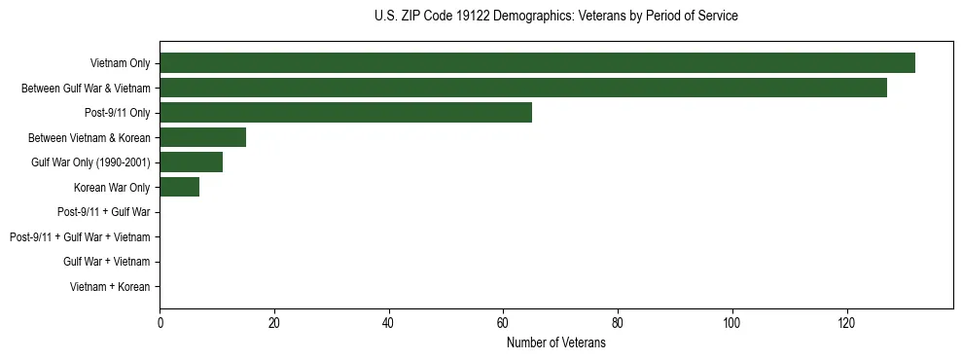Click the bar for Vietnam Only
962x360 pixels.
[537, 63]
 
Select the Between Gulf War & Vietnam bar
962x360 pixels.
[523, 88]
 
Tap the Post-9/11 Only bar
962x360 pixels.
[345, 113]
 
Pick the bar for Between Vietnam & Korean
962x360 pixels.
[202, 137]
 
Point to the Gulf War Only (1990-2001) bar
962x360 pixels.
[191, 162]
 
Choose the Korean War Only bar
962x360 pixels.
[179, 187]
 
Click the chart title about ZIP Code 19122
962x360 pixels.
[555, 17]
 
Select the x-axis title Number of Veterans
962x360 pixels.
[555, 343]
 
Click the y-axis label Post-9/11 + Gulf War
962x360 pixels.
[104, 212]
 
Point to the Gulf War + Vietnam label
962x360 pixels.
[107, 262]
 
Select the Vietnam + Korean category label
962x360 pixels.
[110, 287]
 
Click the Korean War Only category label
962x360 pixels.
[112, 188]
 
